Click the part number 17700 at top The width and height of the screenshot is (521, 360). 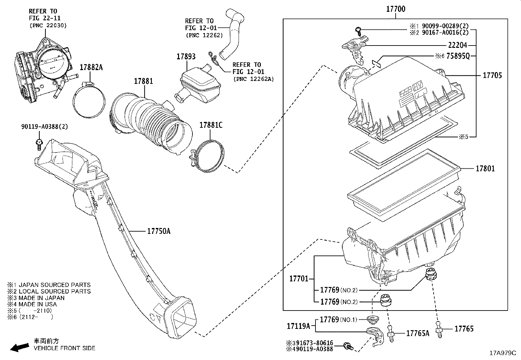pos(396,9)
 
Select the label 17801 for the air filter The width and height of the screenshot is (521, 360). pos(485,169)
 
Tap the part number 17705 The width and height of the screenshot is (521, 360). pos(492,75)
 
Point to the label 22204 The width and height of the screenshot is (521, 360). pos(458,46)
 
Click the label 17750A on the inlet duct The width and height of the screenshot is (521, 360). pos(159,231)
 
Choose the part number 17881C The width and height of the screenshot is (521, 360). pos(211,125)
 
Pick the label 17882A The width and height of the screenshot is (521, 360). pos(91,67)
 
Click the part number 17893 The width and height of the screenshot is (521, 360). pos(186,56)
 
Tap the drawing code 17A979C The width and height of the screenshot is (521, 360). pos(502,353)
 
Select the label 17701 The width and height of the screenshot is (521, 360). pos(299,279)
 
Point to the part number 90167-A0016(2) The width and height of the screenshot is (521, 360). pos(445,32)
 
